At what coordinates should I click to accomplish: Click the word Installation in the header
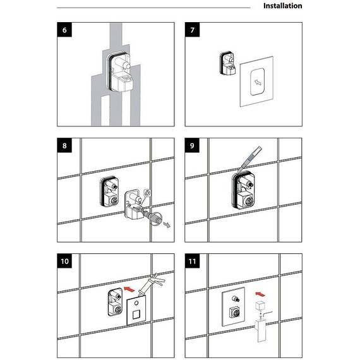pos(282,6)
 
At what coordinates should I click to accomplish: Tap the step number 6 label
pos(64,30)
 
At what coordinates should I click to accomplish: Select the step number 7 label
pos(193,30)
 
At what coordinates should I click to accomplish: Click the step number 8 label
pos(64,145)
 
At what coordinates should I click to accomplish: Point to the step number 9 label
pos(192,145)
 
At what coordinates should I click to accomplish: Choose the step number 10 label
pos(64,261)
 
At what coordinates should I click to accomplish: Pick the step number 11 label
pos(193,261)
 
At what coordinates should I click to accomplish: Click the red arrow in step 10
pos(129,289)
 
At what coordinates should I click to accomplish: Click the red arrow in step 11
pos(260,294)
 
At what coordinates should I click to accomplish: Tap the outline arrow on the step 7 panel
pos(258,82)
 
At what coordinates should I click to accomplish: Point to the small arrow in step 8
pos(167,225)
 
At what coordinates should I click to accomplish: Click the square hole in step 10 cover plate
pos(136,315)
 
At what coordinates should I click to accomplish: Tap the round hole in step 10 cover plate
pos(136,303)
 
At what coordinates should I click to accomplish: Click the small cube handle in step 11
pos(260,306)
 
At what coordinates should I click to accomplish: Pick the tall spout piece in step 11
pos(261,330)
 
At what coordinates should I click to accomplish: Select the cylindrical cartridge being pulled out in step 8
pos(153,217)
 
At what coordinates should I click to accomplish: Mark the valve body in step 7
pos(227,63)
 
